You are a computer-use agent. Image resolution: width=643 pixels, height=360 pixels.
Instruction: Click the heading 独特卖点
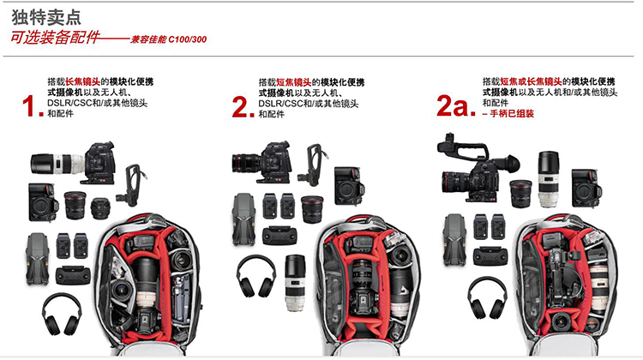click(x=46, y=17)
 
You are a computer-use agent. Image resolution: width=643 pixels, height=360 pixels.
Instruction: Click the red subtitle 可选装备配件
click(x=55, y=38)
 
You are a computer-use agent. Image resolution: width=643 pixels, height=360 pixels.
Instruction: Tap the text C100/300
click(x=188, y=39)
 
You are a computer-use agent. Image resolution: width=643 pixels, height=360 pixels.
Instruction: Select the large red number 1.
click(x=33, y=106)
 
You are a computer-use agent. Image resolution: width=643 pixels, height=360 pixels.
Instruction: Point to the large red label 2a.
click(x=455, y=105)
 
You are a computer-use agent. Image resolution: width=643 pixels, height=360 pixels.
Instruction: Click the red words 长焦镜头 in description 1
click(x=82, y=81)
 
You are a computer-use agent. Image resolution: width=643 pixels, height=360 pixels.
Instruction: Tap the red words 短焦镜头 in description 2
click(x=293, y=82)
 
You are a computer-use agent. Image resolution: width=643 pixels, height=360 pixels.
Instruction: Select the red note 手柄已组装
click(x=512, y=114)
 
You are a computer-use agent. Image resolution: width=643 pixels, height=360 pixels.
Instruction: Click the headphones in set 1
click(x=62, y=314)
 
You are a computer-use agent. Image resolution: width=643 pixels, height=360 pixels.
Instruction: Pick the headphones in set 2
click(x=256, y=276)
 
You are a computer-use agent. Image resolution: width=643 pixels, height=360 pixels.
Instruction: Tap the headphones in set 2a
click(x=487, y=297)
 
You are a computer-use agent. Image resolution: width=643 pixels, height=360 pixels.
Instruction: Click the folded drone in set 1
click(x=38, y=259)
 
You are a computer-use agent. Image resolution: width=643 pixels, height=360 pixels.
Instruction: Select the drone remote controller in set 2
click(x=279, y=236)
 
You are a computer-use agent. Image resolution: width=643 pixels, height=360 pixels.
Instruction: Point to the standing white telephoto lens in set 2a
click(x=549, y=179)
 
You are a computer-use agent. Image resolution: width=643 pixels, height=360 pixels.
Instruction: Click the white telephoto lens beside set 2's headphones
click(x=295, y=283)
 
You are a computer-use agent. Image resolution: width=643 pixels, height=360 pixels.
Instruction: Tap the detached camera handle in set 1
click(x=132, y=185)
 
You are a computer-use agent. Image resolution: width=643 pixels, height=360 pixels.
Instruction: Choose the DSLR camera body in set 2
click(x=349, y=186)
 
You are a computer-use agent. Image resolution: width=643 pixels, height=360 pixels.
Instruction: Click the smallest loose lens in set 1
click(x=100, y=208)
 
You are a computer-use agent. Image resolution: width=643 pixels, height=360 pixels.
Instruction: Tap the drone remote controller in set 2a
click(x=490, y=255)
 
